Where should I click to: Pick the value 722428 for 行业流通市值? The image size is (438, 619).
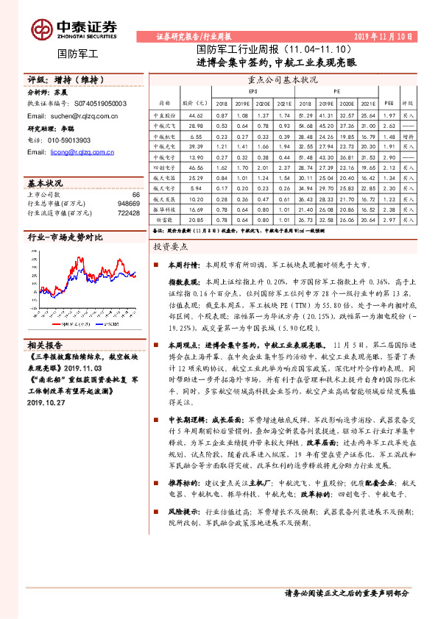tap(127, 212)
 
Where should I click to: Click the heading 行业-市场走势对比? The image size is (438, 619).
tap(65, 238)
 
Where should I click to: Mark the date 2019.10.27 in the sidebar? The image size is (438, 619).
tap(46, 403)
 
